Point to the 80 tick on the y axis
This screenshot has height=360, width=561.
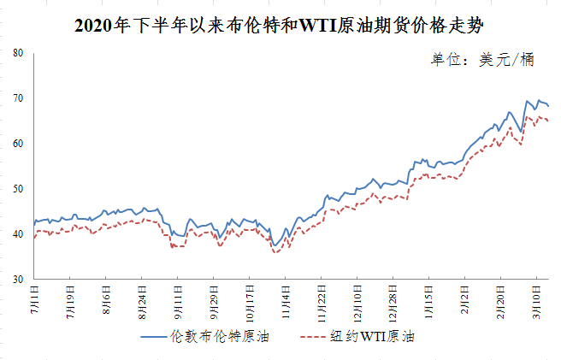click(x=18, y=53)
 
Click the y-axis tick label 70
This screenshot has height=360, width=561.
click(x=18, y=98)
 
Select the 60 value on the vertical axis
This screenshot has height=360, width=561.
click(x=18, y=144)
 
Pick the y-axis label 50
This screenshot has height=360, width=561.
click(x=18, y=189)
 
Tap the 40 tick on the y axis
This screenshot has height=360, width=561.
click(x=18, y=234)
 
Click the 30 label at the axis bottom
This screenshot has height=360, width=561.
click(x=18, y=280)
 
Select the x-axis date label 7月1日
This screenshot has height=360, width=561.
click(x=35, y=298)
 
